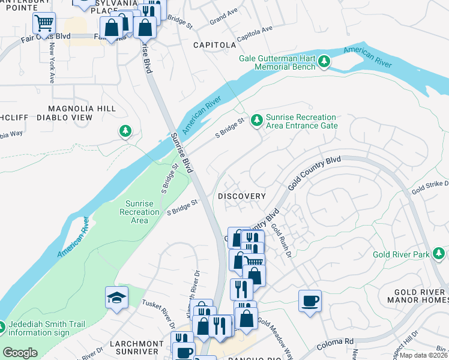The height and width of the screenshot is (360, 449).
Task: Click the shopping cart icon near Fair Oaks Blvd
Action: coord(44,24)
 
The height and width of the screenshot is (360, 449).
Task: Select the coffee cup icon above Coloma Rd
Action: coord(310,301)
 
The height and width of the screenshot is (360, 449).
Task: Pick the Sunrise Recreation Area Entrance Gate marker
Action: coord(257,121)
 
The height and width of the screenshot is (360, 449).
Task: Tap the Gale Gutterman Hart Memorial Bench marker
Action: coord(324,61)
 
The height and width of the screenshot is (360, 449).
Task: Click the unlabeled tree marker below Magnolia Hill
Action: coord(125,131)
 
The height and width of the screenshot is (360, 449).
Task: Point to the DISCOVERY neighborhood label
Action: coord(241,196)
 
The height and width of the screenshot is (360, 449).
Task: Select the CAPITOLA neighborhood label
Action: coord(214,45)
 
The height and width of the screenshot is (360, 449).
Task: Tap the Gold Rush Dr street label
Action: coord(280,241)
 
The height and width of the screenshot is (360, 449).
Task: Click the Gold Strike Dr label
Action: coord(429,187)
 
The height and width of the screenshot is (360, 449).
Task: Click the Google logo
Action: coord(20,352)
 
